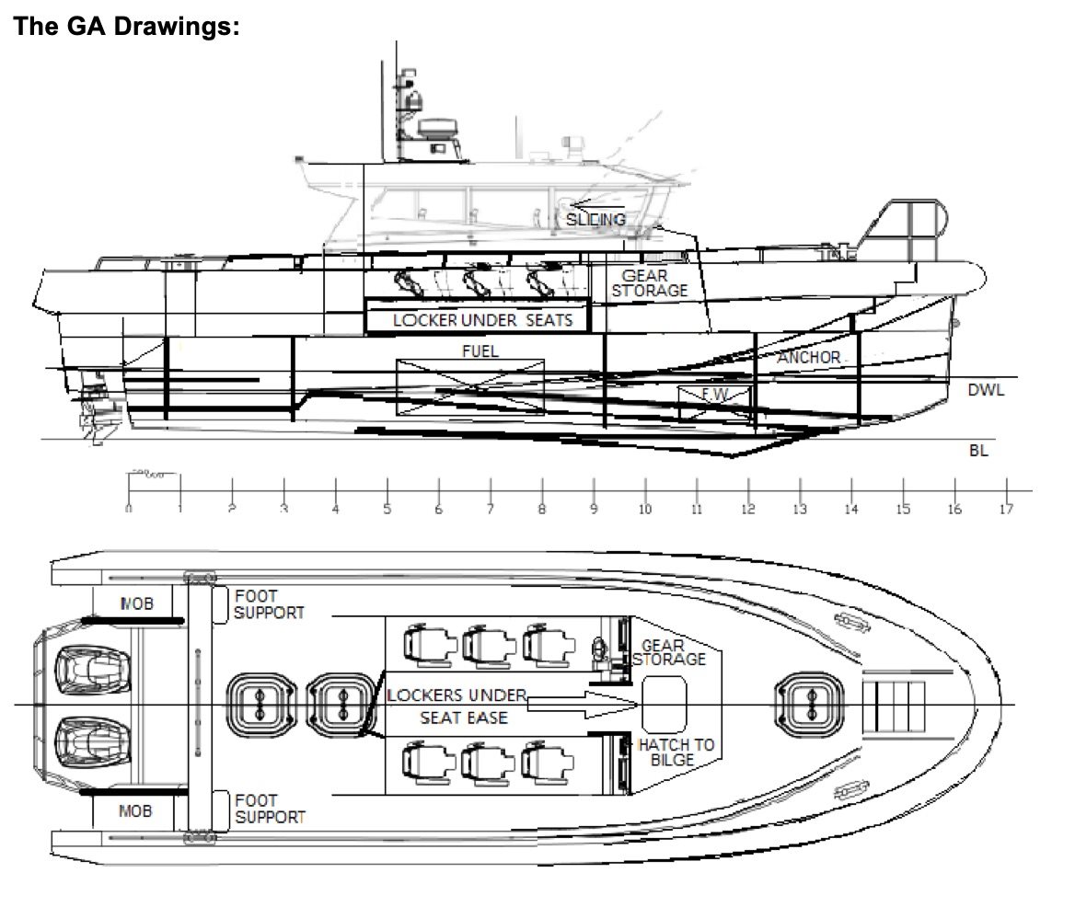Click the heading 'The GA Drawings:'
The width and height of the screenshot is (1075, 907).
(126, 26)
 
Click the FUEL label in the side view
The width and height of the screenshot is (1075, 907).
(480, 350)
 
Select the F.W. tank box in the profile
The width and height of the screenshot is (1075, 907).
(714, 395)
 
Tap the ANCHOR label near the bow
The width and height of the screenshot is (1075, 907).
(809, 357)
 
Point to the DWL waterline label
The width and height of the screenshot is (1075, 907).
(986, 390)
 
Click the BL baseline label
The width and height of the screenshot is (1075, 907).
(977, 451)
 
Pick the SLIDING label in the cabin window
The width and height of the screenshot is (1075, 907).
(595, 219)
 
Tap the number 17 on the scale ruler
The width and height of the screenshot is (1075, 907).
(1006, 509)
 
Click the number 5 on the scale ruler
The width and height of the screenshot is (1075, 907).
(387, 509)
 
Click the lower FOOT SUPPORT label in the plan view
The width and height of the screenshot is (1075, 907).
(269, 809)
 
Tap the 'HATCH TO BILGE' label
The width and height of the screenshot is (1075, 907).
(676, 752)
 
